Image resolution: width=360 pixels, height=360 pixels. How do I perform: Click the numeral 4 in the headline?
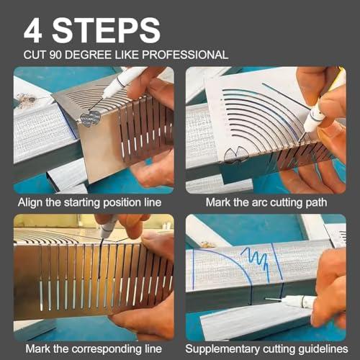[33, 30]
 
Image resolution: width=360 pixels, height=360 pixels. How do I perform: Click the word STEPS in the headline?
[107, 30]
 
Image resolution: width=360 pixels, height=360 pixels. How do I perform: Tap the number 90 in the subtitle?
[55, 55]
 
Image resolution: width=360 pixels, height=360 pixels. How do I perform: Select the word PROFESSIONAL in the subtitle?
[185, 55]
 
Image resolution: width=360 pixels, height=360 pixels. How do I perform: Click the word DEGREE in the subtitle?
[89, 55]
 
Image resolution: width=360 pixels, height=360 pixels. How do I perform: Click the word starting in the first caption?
[82, 203]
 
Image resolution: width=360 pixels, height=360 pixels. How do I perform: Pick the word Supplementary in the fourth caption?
[222, 349]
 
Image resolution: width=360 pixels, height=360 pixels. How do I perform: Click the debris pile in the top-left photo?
[28, 100]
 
